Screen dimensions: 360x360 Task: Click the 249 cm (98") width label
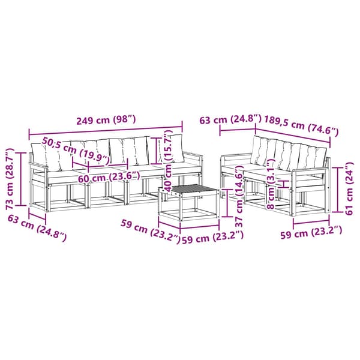106,120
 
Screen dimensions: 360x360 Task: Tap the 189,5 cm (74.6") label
301,126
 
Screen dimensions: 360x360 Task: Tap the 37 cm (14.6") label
239,197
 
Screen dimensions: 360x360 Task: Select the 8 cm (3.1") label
271,184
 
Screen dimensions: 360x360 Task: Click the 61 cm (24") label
349,188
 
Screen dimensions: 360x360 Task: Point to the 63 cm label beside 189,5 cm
230,119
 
